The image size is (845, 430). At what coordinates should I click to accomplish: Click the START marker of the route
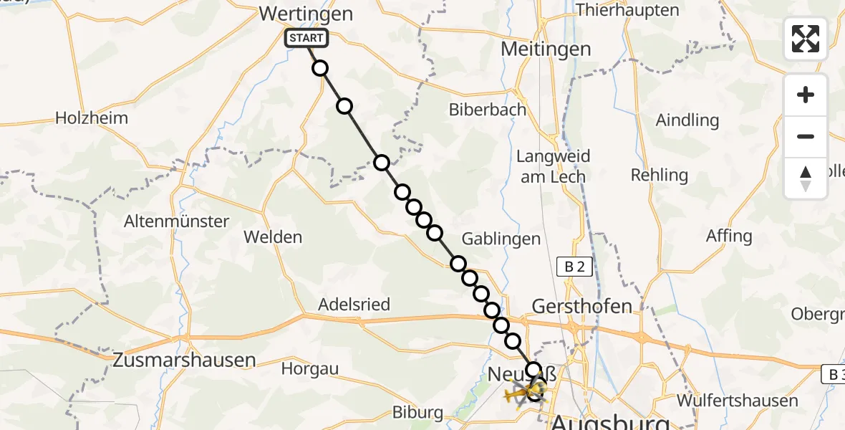[x=306, y=38]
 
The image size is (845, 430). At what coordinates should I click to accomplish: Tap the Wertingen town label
[x=306, y=14]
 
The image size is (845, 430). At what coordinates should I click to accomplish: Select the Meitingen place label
[x=546, y=49]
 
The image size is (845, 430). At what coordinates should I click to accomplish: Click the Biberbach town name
[x=487, y=110]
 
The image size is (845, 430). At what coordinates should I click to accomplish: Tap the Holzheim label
[x=92, y=118]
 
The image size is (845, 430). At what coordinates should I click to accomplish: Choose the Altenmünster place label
[x=176, y=221]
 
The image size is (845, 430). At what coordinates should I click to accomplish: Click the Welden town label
[x=273, y=236]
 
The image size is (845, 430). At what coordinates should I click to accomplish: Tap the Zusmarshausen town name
[x=184, y=360]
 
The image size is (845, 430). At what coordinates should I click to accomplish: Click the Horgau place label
[x=309, y=368]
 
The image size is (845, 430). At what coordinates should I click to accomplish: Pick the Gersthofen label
[x=582, y=306]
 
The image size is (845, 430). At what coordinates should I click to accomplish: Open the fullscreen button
[x=806, y=39]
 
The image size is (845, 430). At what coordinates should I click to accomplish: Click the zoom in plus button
[x=806, y=95]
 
